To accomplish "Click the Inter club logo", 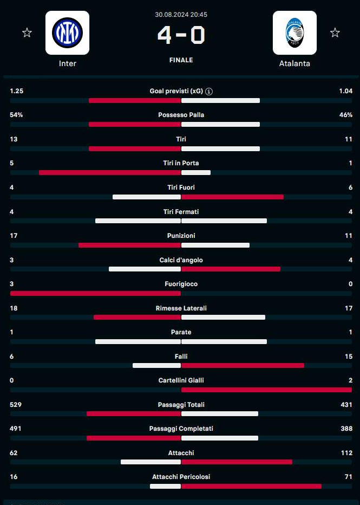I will coord(67,33).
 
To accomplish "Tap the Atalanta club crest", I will coord(294,33).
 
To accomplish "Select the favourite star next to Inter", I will coord(27,33).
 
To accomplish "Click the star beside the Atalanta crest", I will coord(335,33).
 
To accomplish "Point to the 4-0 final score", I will coord(181,35).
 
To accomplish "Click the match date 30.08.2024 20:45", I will coord(181,15).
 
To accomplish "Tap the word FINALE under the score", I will coord(181,60).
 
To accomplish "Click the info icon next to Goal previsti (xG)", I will coord(209,92).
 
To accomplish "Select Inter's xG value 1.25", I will coord(17,91).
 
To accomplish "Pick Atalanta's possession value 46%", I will coord(345,115).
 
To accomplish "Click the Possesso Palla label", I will coord(181,115).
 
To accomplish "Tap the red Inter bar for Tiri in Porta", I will coord(109,173).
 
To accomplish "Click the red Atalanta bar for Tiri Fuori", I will coord(232,197).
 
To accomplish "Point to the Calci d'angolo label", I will coord(181,260).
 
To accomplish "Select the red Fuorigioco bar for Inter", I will coord(95,294).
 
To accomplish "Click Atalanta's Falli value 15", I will coord(348,357).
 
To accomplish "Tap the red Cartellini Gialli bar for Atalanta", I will coord(266,390).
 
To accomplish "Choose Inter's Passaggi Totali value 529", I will coord(16,405).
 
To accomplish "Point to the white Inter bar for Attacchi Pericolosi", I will coord(165,487).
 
